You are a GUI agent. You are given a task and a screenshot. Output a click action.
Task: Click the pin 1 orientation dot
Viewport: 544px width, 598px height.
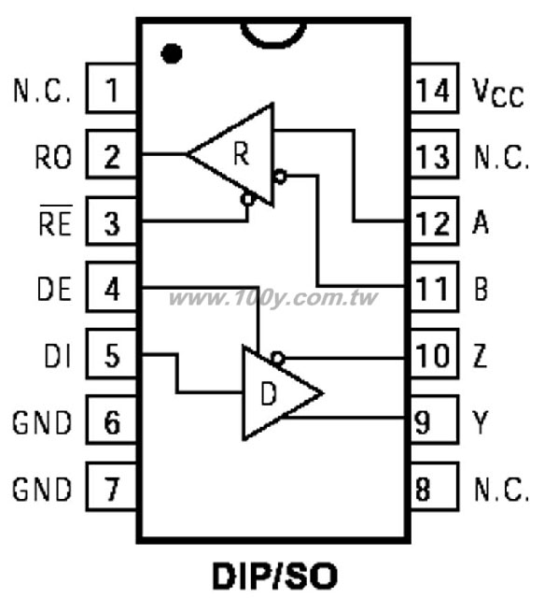(172, 54)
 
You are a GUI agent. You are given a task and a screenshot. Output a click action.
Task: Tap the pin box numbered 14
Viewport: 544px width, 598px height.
(435, 88)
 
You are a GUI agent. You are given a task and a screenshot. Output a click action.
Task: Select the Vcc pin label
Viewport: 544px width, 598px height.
(497, 93)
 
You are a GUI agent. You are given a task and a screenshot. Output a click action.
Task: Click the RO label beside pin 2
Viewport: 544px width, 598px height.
(53, 157)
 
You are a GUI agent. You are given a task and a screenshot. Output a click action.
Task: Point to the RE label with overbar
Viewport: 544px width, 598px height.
(56, 221)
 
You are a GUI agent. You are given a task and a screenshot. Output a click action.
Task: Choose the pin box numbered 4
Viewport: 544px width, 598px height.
(112, 287)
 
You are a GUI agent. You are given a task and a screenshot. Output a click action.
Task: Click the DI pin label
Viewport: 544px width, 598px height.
(58, 356)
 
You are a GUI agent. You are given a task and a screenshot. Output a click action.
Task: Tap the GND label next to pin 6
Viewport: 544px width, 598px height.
(42, 422)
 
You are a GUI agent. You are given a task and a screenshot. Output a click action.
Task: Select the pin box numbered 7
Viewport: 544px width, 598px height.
(112, 487)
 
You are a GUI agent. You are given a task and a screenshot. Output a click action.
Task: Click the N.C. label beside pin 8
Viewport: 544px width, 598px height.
(501, 489)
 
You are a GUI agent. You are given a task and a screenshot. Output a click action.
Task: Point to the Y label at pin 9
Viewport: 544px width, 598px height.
(480, 422)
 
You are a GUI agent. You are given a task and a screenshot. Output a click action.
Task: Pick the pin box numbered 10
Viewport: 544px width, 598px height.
(435, 354)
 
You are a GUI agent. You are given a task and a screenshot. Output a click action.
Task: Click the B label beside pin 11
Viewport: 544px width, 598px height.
(481, 289)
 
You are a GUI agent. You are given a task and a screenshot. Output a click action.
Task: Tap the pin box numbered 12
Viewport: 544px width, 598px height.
(435, 221)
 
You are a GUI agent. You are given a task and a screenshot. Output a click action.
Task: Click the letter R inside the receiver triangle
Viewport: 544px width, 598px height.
(241, 153)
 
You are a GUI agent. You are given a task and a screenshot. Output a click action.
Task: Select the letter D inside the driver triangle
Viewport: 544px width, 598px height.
(269, 393)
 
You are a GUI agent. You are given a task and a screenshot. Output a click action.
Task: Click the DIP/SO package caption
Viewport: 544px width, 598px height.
(275, 577)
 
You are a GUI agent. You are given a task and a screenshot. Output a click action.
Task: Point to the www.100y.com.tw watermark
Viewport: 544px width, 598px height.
(273, 297)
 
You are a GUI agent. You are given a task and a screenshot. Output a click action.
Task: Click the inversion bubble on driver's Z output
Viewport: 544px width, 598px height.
(278, 358)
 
